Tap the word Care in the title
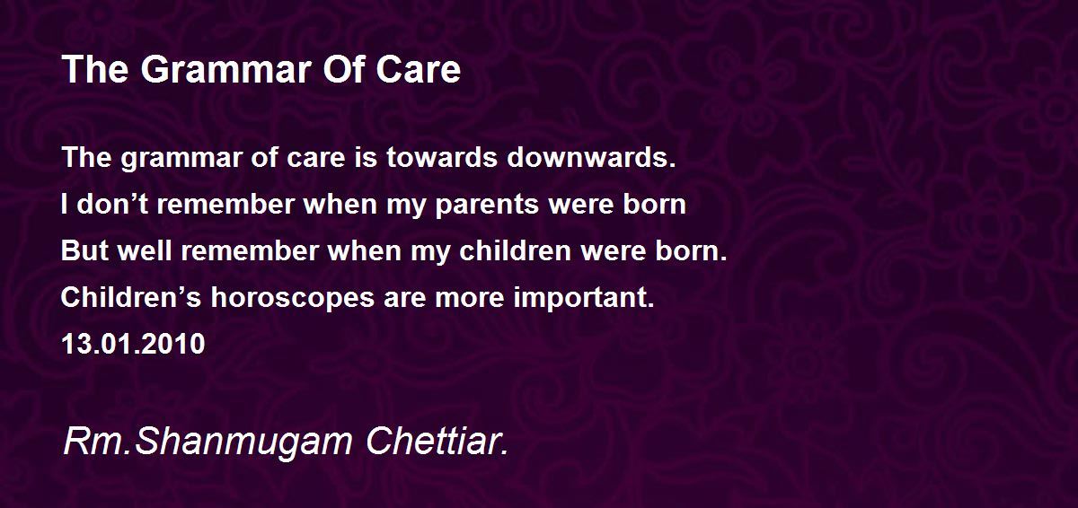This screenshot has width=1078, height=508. pyautogui.click(x=419, y=69)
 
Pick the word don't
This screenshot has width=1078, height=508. pyautogui.click(x=111, y=204)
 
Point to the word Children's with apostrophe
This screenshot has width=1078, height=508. pyautogui.click(x=131, y=297)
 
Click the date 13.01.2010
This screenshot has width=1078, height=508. pyautogui.click(x=133, y=344)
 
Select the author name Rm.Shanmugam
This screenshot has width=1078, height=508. pyautogui.click(x=208, y=442)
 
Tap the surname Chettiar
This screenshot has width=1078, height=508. pyautogui.click(x=437, y=441)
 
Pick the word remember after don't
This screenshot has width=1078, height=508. pyautogui.click(x=225, y=204)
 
